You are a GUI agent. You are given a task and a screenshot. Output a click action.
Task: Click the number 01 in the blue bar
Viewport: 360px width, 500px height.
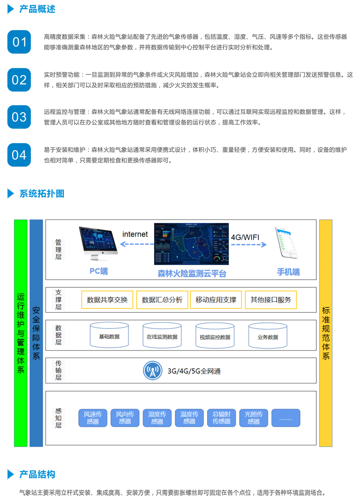click(19, 42)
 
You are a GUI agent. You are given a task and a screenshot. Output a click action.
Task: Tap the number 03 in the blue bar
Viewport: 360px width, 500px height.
click(19, 117)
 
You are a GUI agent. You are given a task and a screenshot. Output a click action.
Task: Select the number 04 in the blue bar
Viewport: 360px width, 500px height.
click(19, 155)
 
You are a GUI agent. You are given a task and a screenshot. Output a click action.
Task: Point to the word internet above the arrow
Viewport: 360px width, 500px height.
click(135, 234)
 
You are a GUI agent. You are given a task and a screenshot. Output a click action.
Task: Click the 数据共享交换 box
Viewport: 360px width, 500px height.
click(107, 300)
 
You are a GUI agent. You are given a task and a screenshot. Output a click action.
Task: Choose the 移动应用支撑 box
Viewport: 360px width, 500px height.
click(216, 300)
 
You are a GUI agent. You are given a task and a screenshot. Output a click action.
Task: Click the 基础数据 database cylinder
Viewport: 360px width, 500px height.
click(109, 336)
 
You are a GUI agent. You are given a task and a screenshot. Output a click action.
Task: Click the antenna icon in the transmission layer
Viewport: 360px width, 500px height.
click(152, 371)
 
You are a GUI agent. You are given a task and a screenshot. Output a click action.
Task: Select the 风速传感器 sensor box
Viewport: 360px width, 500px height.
click(93, 418)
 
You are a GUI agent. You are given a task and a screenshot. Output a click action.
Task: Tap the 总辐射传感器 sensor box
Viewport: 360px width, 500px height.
click(222, 418)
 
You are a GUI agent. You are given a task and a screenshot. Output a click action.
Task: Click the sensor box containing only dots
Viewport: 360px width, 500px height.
click(286, 418)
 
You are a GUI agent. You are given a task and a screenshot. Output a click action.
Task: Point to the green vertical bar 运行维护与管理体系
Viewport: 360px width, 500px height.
click(21, 333)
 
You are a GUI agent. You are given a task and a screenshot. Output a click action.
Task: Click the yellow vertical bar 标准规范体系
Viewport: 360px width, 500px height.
click(326, 333)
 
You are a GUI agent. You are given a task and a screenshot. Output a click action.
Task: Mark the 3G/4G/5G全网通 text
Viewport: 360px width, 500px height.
click(194, 371)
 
